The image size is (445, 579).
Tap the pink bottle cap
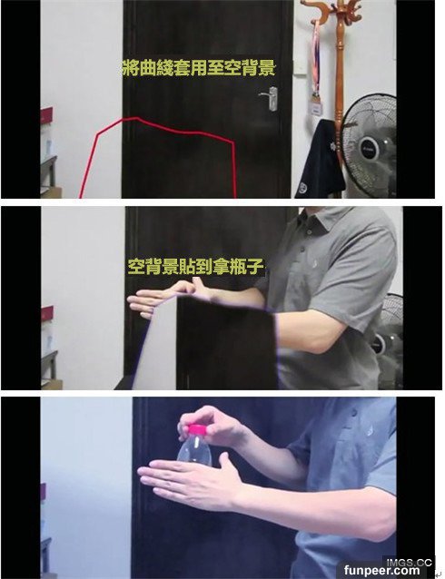click(198, 430)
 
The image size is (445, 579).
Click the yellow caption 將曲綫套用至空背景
click(199, 67)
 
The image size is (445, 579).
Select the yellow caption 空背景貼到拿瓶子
click(196, 267)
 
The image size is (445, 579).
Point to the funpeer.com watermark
click(382, 571)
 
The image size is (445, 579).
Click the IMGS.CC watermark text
click(409, 563)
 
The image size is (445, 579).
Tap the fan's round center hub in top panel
click(370, 149)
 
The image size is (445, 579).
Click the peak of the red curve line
click(137, 118)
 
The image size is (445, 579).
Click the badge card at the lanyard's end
click(317, 108)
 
